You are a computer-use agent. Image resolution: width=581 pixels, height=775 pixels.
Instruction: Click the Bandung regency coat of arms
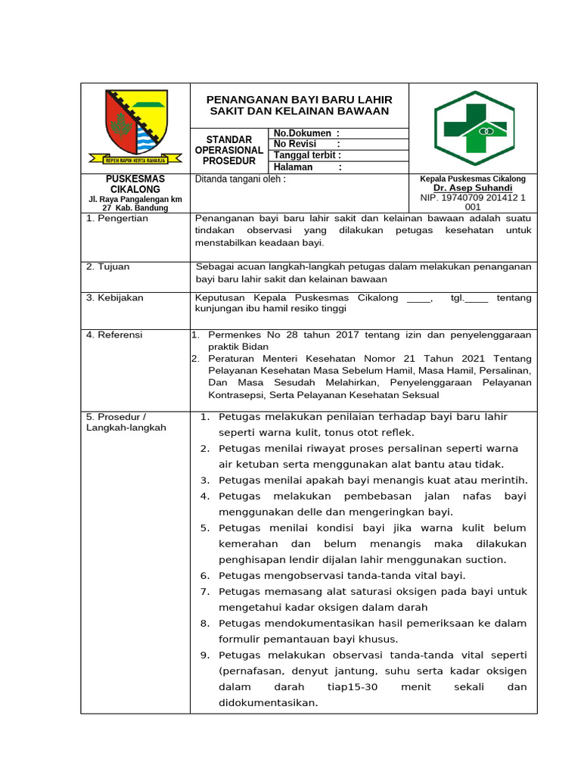(x=136, y=126)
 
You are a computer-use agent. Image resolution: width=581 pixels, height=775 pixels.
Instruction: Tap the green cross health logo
(x=474, y=128)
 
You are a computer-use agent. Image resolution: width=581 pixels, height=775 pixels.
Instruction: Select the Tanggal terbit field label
(x=303, y=155)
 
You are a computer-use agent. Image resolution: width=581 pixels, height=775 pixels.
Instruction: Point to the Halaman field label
(x=293, y=167)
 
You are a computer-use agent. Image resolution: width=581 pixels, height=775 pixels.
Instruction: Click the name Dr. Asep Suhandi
(x=473, y=188)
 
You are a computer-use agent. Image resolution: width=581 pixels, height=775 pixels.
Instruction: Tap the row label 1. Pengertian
(x=117, y=219)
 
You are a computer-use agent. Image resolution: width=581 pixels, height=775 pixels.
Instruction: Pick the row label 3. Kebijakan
(x=115, y=298)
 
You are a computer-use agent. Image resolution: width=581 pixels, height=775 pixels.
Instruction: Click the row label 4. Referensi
(x=114, y=335)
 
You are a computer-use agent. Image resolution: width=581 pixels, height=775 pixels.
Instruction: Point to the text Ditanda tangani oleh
(x=241, y=180)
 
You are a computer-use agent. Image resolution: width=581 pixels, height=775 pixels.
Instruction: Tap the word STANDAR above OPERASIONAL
(x=229, y=140)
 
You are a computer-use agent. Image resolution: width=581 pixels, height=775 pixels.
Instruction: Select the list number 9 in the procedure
(x=204, y=655)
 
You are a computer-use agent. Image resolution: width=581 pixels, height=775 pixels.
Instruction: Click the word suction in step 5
(x=485, y=559)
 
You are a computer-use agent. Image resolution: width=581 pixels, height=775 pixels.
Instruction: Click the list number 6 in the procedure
(x=204, y=575)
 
